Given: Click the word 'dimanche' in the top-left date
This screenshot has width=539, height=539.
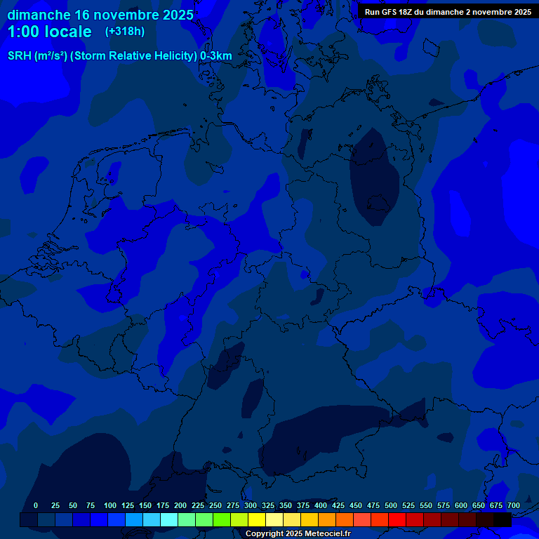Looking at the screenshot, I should coord(39,15).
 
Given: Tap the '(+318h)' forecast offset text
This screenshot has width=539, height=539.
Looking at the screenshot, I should coord(125,31).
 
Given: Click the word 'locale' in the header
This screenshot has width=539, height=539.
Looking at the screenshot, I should coord(69,32).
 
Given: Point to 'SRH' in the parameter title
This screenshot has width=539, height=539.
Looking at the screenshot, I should coord(20,56).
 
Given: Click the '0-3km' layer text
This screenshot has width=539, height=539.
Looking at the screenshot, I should coord(215,56).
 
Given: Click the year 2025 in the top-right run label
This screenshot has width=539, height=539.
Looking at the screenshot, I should coord(519,12).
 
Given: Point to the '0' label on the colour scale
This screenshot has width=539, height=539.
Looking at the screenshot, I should coord(36,506).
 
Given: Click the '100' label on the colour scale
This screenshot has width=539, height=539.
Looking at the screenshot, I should coord(110,506).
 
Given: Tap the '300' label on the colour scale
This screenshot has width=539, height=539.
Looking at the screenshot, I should coord(251,506).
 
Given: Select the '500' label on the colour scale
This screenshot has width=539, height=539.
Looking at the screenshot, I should coord(391,506).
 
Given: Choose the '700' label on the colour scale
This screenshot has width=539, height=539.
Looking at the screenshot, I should coord(514,506).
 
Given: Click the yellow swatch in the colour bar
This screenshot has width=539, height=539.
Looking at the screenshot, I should coord(257,520).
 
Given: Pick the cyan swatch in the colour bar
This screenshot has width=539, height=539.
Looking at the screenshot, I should coord(169,520).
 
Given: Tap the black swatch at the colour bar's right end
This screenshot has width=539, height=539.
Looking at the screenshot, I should coord(503,520).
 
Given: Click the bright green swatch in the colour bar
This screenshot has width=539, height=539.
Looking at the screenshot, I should coord(222,520).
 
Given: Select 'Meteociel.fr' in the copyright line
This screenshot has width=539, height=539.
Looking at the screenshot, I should coord(325,534).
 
